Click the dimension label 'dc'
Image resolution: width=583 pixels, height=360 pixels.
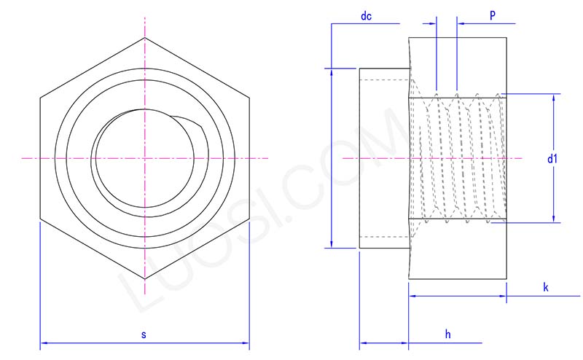click(367, 16)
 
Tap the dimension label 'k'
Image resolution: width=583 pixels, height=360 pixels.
click(546, 287)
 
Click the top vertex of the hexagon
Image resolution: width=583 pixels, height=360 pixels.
click(144, 36)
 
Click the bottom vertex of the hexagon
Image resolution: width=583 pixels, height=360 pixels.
click(144, 279)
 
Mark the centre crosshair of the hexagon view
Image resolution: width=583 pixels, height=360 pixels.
click(144, 157)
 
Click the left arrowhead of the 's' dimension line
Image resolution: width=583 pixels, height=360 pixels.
click(42, 341)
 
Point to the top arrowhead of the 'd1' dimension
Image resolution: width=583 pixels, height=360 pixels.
click(555, 96)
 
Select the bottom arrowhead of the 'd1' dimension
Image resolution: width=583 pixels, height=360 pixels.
click(555, 219)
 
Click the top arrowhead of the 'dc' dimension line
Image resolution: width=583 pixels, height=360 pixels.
click(332, 71)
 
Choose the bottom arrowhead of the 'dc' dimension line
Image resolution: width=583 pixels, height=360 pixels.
click(332, 245)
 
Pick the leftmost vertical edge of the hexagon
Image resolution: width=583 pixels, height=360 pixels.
click(40, 157)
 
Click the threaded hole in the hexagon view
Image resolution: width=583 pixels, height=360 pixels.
click(144, 157)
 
